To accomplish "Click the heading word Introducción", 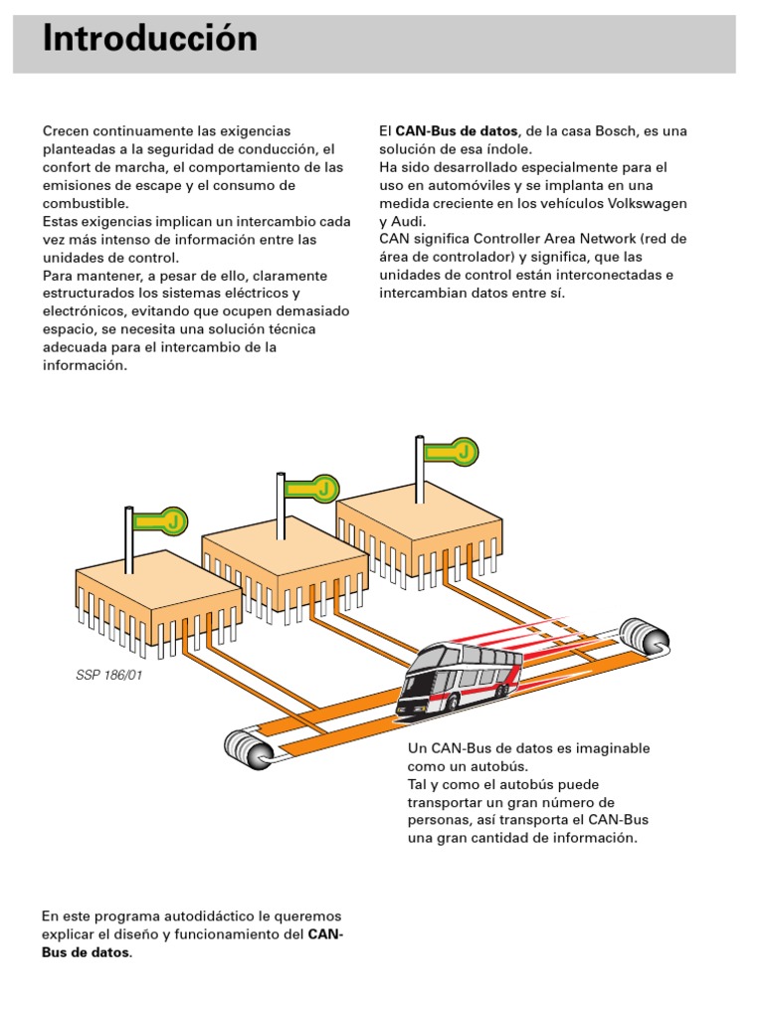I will (150, 40).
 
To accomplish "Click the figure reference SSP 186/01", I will (108, 674).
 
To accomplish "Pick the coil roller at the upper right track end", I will (642, 638).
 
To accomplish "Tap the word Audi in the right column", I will (408, 221).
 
